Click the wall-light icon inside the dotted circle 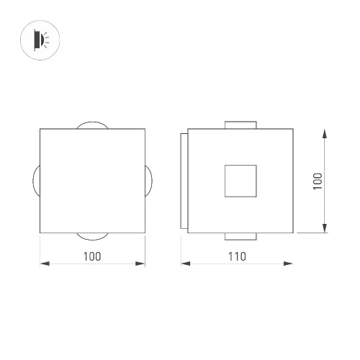click(x=41, y=40)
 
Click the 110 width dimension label click(x=237, y=256)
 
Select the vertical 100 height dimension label click(x=318, y=181)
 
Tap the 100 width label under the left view click(x=92, y=256)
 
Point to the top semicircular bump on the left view click(x=92, y=122)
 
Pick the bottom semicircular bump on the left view click(x=92, y=239)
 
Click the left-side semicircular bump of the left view click(x=34, y=181)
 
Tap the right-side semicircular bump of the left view click(x=151, y=181)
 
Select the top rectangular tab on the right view click(x=240, y=125)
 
